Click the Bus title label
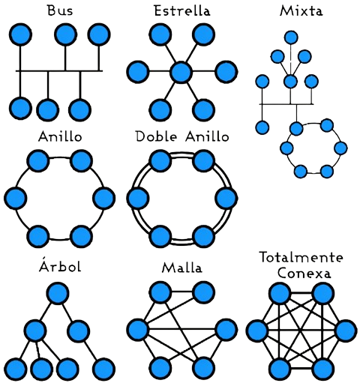[60, 10]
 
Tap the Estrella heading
[182, 10]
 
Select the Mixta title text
[301, 10]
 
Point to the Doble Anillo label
[182, 136]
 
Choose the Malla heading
[182, 268]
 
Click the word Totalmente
[301, 257]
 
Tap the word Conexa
[304, 273]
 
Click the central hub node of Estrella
[181, 72]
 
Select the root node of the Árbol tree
[58, 293]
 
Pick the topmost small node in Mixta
[291, 37]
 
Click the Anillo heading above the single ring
[60, 136]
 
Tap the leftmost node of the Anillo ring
[15, 198]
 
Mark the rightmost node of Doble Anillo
[226, 198]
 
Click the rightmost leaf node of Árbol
[103, 369]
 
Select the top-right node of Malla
[204, 292]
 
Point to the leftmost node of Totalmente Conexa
[257, 331]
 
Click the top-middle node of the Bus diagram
[65, 34]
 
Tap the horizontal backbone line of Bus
[59, 71]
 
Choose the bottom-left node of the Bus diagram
[21, 109]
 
